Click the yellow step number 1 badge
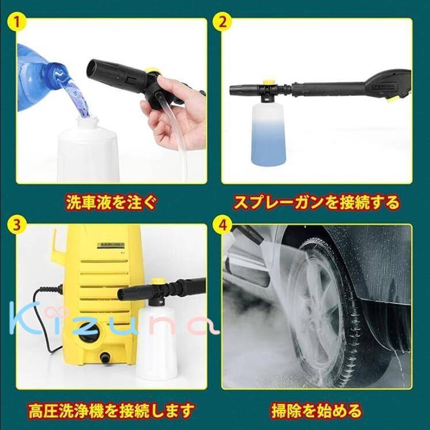click(17, 21)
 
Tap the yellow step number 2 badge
click(223, 21)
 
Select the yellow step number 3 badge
click(17, 226)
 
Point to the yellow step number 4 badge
click(223, 226)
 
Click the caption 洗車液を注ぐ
click(112, 203)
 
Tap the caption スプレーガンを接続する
click(317, 203)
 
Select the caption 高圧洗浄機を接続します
click(112, 410)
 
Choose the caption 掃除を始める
click(317, 411)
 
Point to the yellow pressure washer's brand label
click(111, 245)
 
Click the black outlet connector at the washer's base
click(105, 357)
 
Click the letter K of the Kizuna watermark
click(23, 318)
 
